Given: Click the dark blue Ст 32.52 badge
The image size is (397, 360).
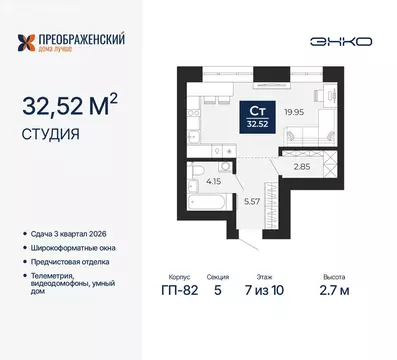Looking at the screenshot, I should (x=257, y=118).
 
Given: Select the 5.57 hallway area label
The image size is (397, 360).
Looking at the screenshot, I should (x=253, y=201).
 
